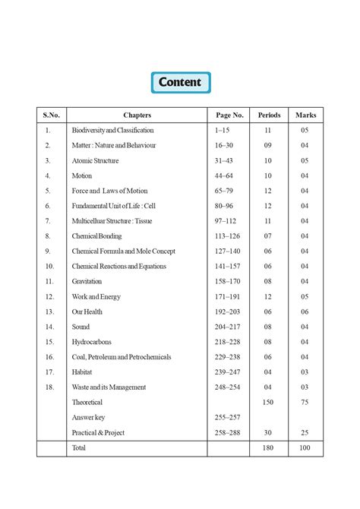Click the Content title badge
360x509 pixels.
[180, 82]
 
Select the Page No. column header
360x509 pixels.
[229, 115]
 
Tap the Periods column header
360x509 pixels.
[269, 115]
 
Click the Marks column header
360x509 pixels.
[305, 115]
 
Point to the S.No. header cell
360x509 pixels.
[51, 115]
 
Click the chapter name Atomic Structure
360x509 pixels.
[95, 161]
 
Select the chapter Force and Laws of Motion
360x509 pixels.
[109, 191]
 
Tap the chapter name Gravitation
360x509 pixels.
[87, 281]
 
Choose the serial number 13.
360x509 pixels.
[49, 311]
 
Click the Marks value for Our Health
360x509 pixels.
[305, 311]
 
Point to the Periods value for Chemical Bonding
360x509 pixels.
[268, 236]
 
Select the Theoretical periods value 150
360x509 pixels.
[268, 402]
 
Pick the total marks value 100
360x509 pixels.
[305, 448]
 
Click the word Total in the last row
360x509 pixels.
[78, 448]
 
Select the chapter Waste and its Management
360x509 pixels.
[109, 387]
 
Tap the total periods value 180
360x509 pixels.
[268, 448]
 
